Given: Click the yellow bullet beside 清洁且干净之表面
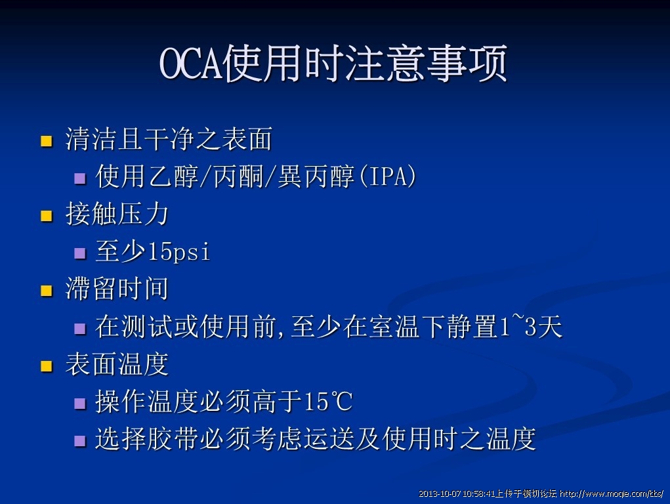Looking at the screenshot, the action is pyautogui.click(x=46, y=141).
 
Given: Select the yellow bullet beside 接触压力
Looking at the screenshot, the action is pyautogui.click(x=46, y=216).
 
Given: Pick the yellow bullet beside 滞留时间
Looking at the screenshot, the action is pyautogui.click(x=46, y=291).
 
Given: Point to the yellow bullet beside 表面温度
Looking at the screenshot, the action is pyautogui.click(x=46, y=366).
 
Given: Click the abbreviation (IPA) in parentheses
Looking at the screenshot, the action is pyautogui.click(x=388, y=176).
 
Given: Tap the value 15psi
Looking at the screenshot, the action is pyautogui.click(x=179, y=251).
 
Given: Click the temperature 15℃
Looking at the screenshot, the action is pyautogui.click(x=328, y=402).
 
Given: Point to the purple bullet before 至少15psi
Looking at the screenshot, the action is pyautogui.click(x=80, y=253).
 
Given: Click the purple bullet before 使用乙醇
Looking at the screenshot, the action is pyautogui.click(x=80, y=178).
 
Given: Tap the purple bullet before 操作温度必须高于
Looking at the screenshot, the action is pyautogui.click(x=80, y=404).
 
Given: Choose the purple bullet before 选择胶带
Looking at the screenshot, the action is pyautogui.click(x=80, y=441).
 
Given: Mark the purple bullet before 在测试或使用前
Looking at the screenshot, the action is pyautogui.click(x=80, y=328).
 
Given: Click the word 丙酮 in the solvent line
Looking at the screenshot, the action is pyautogui.click(x=238, y=176).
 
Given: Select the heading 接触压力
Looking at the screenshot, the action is pyautogui.click(x=117, y=214).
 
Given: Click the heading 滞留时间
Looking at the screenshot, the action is pyautogui.click(x=117, y=289).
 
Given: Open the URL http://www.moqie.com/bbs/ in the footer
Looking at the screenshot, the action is pyautogui.click(x=612, y=494).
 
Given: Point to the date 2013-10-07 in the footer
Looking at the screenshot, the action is pyautogui.click(x=440, y=494).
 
